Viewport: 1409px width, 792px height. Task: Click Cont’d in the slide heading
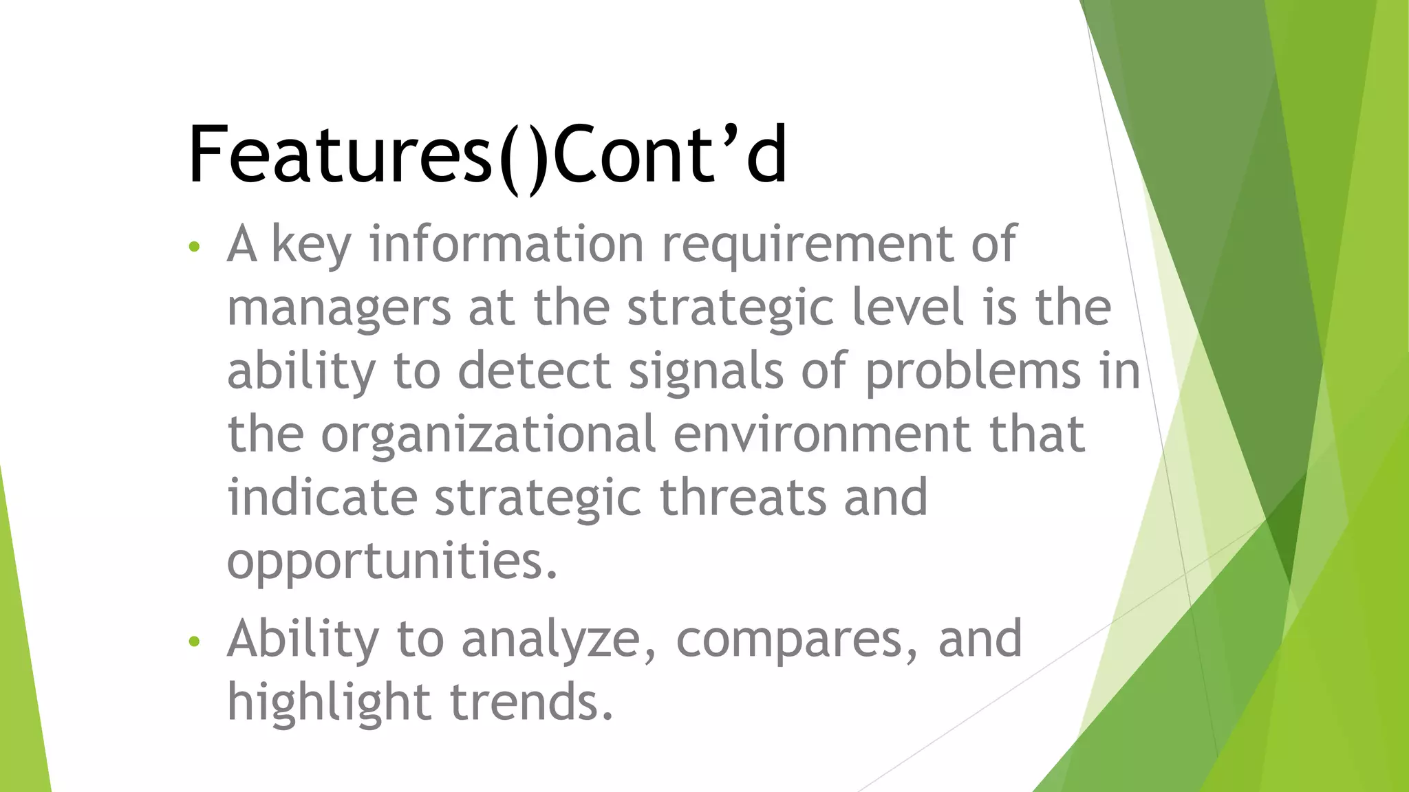coord(669,155)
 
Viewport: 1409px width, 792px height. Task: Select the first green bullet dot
coord(194,247)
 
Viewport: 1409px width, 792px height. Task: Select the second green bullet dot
coord(194,641)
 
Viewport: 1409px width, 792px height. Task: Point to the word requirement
coord(807,246)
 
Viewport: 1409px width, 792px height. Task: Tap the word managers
coord(338,309)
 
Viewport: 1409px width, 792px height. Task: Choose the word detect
coord(535,371)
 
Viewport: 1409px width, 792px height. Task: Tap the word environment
coord(822,434)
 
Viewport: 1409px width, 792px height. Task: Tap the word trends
coord(530,702)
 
